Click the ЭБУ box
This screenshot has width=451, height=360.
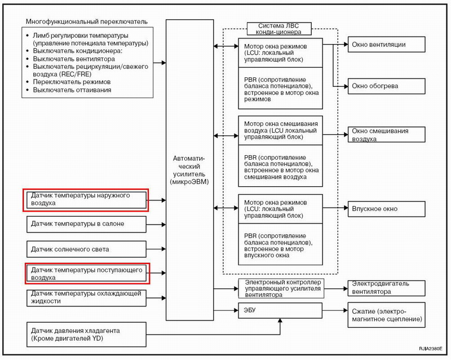280,310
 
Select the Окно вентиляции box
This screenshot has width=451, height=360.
386,45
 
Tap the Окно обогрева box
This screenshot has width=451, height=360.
386,86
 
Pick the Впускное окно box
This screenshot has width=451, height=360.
386,209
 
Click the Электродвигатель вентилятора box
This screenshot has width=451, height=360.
386,288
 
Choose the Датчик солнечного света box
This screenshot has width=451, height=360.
86,249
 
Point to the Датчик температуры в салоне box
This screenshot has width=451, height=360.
86,224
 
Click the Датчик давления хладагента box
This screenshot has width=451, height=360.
86,335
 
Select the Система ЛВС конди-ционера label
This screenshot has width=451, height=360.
279,29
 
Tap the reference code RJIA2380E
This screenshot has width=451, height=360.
430,349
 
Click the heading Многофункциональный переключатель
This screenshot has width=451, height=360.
87,21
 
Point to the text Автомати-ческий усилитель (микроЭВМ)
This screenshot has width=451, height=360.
189,170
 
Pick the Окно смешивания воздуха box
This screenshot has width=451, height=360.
386,134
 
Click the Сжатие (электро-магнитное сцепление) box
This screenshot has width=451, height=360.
386,315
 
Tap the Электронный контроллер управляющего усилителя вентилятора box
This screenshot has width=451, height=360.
281,288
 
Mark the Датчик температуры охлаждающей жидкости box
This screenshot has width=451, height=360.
86,298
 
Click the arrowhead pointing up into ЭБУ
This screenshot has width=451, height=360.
280,321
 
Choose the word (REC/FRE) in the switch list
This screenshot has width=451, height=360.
76,74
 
